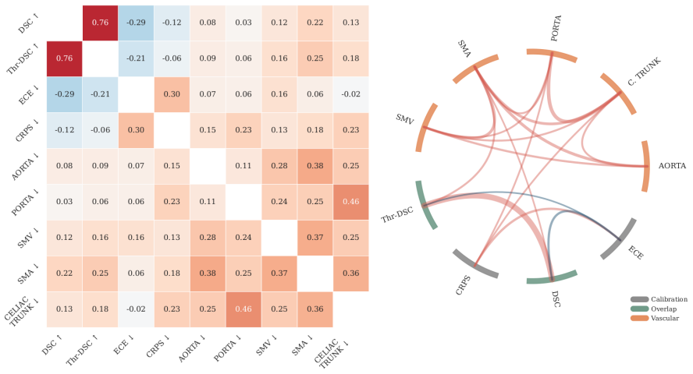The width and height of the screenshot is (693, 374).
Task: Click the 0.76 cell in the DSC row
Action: pos(101,23)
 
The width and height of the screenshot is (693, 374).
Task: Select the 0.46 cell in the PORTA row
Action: pos(351,202)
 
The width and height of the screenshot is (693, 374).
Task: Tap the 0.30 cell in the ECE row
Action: pos(172,94)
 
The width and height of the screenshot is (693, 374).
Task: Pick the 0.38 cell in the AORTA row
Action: pos(315,166)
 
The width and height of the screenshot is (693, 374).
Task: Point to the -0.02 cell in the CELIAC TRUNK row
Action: pos(136,309)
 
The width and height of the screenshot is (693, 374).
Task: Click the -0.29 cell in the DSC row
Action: pos(136,23)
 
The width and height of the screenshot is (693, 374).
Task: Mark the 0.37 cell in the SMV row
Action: pos(315,238)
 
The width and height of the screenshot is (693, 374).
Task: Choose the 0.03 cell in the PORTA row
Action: pos(65,202)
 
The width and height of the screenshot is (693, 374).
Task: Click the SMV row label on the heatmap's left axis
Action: pos(28,238)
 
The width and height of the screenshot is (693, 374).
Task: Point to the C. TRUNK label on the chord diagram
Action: pos(644,72)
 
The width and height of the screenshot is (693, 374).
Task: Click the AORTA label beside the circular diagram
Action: pos(672,166)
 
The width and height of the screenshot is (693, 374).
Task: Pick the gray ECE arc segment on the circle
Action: pos(620,239)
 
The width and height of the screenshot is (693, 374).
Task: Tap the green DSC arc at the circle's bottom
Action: pos(553,278)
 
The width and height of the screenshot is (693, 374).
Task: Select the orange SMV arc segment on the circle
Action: pos(425,128)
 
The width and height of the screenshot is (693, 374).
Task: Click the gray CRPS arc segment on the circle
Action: pos(474,265)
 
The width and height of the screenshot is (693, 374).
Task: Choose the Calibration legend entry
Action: pos(659,299)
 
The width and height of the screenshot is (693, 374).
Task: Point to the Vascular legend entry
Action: pos(655,318)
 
